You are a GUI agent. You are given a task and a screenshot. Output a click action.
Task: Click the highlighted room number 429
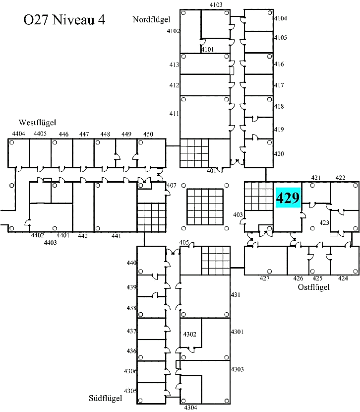(288, 198)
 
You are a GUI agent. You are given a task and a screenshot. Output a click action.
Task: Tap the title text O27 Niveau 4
(64, 20)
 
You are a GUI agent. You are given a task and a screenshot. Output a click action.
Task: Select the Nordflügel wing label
(151, 19)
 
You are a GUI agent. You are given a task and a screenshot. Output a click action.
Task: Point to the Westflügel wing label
(37, 123)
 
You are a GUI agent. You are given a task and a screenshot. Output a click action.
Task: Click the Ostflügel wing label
(313, 287)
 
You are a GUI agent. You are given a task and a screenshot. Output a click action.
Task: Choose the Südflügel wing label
(106, 398)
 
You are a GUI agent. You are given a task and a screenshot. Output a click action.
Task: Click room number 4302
(190, 334)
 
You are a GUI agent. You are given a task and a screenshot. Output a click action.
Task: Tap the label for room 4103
(216, 5)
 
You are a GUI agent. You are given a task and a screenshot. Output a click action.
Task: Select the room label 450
(148, 134)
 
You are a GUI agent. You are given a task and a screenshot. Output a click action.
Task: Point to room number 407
(172, 185)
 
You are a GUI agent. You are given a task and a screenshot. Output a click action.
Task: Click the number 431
(236, 295)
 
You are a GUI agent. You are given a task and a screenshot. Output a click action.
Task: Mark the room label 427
(264, 278)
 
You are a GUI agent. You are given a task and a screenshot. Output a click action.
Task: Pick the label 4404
(19, 134)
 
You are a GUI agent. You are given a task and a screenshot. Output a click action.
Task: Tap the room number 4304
(190, 408)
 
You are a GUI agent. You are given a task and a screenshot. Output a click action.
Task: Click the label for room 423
(324, 223)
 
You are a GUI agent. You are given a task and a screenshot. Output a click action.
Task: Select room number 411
(174, 114)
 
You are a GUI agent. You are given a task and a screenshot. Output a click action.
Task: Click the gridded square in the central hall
(205, 207)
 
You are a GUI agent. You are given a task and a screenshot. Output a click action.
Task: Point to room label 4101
(208, 50)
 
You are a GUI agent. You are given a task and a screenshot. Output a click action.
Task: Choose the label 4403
(51, 243)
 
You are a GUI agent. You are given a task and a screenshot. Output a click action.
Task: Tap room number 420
(279, 154)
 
